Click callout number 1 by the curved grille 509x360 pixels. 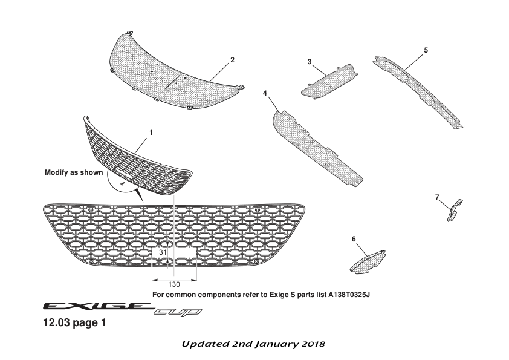point(151,131)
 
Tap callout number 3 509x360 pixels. point(309,62)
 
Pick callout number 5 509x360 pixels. point(426,50)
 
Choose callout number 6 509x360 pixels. point(354,239)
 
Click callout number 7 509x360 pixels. point(436,197)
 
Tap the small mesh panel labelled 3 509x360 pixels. point(329,80)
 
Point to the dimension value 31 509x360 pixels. point(163,252)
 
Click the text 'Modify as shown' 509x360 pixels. point(74,172)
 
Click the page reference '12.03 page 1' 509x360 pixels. point(74,323)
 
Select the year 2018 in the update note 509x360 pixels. point(313,344)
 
